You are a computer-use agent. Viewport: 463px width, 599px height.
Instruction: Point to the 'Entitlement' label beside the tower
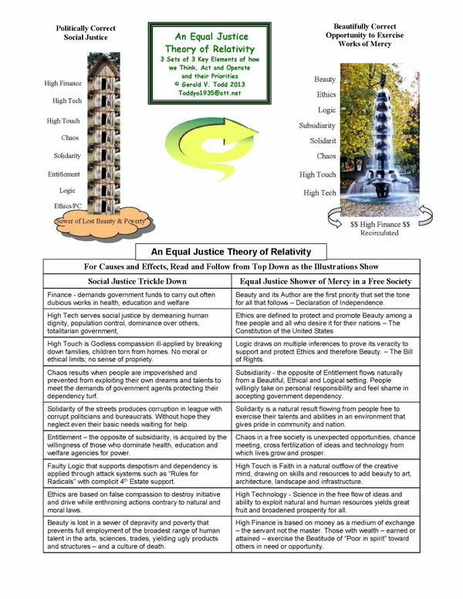point(64,174)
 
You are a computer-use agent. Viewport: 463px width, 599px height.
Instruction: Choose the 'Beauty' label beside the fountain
point(325,80)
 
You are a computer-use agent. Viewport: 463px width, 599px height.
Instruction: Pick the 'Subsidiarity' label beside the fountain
point(317,124)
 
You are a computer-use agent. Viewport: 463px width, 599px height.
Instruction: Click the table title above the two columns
point(231,251)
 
